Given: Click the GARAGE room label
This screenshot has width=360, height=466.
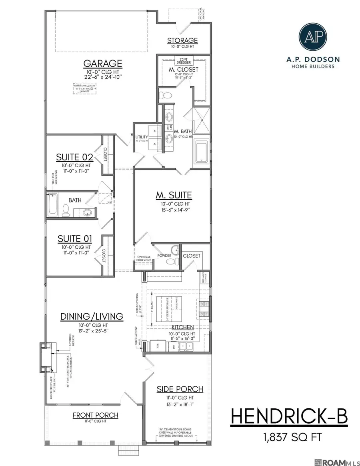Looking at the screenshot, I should tap(102, 64).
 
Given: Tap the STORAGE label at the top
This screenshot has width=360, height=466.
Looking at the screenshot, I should tap(182, 40).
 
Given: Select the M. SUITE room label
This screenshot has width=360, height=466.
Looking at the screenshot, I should tap(174, 195).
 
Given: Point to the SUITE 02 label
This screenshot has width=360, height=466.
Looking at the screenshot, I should tap(75, 157).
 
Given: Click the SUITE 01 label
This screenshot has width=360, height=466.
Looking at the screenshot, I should tap(75, 239).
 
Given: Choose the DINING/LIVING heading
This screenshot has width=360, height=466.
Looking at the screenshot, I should tap(92, 316).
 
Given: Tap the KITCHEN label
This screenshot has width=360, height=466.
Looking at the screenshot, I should tap(182, 327).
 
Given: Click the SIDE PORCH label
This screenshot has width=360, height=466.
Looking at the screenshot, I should tap(179, 389).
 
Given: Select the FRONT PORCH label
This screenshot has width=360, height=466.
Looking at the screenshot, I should tap(95, 415).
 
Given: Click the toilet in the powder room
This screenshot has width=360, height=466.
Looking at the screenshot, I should tap(171, 262).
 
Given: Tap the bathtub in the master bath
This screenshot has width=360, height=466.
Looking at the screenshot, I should tap(201, 152).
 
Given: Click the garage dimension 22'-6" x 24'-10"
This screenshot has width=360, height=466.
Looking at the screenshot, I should tap(102, 76).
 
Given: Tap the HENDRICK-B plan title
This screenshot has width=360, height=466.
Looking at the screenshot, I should tap(289, 417).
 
